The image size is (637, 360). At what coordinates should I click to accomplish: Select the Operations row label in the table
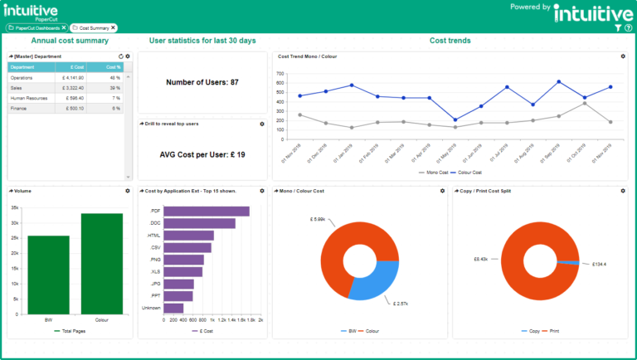click(22, 77)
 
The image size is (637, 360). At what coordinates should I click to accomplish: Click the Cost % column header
click(114, 67)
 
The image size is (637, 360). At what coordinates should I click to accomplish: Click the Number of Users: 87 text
click(202, 82)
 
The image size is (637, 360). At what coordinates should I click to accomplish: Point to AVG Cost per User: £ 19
click(202, 154)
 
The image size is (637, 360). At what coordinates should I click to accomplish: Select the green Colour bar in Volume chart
click(102, 264)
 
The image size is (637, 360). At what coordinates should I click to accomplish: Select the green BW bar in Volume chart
click(49, 275)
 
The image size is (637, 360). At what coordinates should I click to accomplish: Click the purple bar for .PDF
click(207, 211)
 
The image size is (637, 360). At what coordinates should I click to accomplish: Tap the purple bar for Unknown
click(174, 308)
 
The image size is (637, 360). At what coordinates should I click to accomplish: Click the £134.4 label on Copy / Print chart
click(599, 265)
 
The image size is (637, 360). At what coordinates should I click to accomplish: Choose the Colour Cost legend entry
click(468, 172)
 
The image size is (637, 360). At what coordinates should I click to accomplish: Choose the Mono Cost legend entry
click(431, 172)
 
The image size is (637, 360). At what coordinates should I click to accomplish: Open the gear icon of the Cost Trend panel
click(623, 56)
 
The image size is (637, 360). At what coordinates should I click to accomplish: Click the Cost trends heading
click(451, 40)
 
